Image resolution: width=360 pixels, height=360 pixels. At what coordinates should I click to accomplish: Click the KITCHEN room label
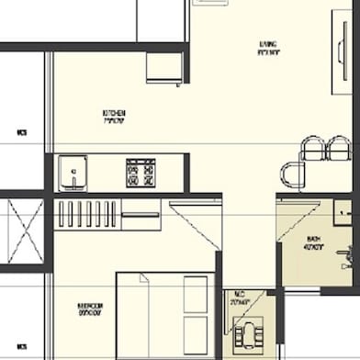tap(114, 117)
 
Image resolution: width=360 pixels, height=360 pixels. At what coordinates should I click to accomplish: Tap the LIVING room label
tap(267, 49)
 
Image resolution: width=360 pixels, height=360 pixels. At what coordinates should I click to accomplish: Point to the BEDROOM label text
tap(90, 309)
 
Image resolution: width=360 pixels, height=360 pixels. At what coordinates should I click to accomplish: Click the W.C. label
tap(239, 300)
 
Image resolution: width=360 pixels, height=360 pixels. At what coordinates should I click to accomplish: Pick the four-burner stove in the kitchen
tap(141, 173)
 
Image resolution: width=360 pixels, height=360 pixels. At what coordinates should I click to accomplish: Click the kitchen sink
tap(72, 172)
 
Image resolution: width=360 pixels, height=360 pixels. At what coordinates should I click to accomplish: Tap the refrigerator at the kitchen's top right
tap(164, 67)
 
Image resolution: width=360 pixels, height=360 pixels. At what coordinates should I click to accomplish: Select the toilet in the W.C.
tap(247, 334)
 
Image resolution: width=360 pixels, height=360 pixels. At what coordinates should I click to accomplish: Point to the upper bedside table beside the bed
tap(196, 293)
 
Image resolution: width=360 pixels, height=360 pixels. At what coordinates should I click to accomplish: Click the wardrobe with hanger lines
tap(93, 214)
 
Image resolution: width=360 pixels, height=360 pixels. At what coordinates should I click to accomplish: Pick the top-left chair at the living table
tap(313, 148)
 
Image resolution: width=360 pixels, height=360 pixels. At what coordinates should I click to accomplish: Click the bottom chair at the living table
tap(292, 174)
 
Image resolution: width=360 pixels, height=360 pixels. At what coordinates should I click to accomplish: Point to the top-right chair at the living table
tap(340, 147)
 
